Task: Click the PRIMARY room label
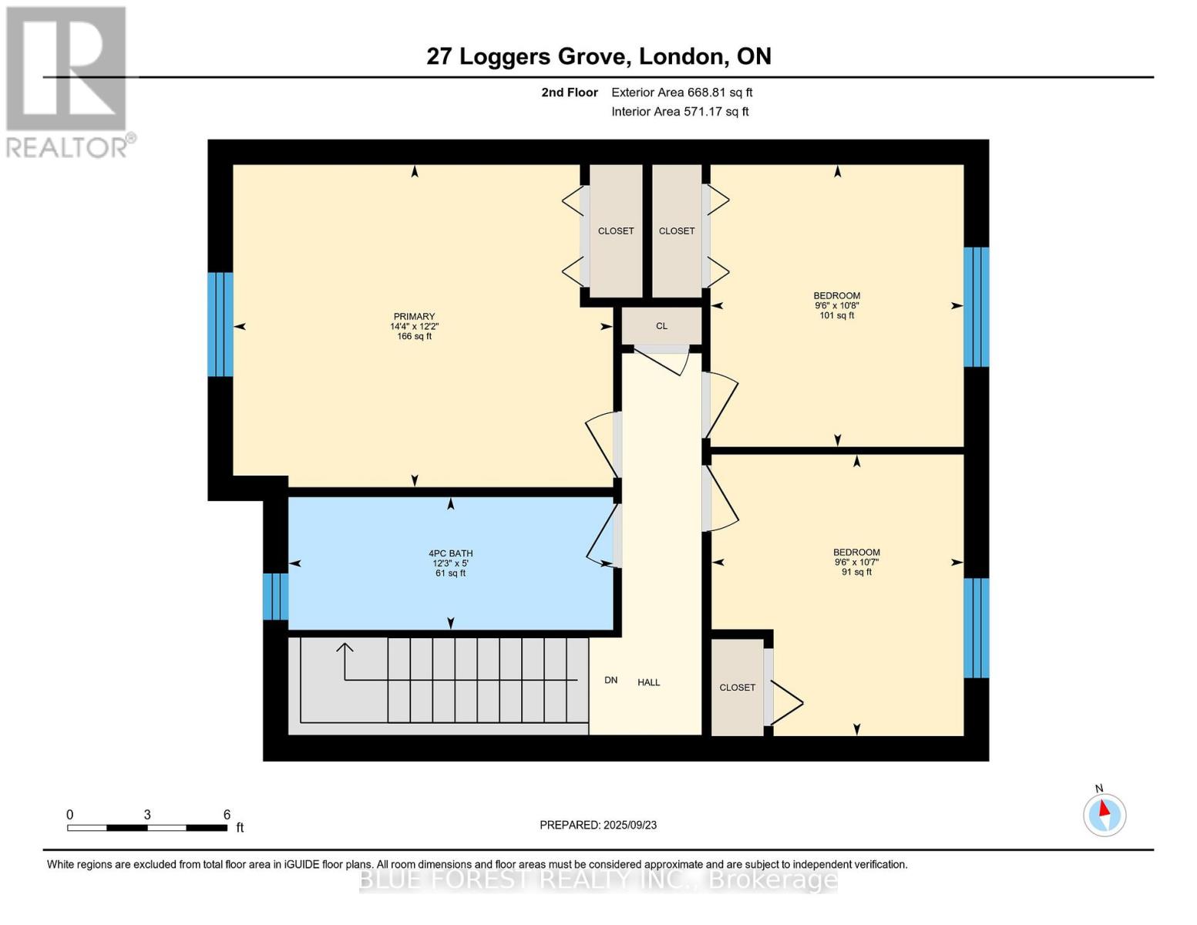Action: coord(414,316)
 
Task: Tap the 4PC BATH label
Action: coord(450,553)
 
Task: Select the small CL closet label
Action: coord(661,325)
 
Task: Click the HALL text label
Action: coord(648,682)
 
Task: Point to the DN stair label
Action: coord(610,680)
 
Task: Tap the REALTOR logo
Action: coord(67,81)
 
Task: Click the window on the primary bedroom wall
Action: coord(220,324)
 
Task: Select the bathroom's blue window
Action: coord(275,596)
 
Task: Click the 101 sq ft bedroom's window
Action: coord(976,307)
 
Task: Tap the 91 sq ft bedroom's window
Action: coord(976,627)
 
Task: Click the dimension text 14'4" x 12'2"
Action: coord(414,326)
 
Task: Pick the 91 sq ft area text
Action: coord(856,572)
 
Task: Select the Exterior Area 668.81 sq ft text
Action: coord(681,92)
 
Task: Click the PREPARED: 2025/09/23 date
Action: coord(598,825)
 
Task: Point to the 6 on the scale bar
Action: coord(227,815)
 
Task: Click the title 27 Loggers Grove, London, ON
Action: coord(599,56)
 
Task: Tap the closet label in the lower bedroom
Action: coord(737,688)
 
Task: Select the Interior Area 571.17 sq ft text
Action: coord(680,112)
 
